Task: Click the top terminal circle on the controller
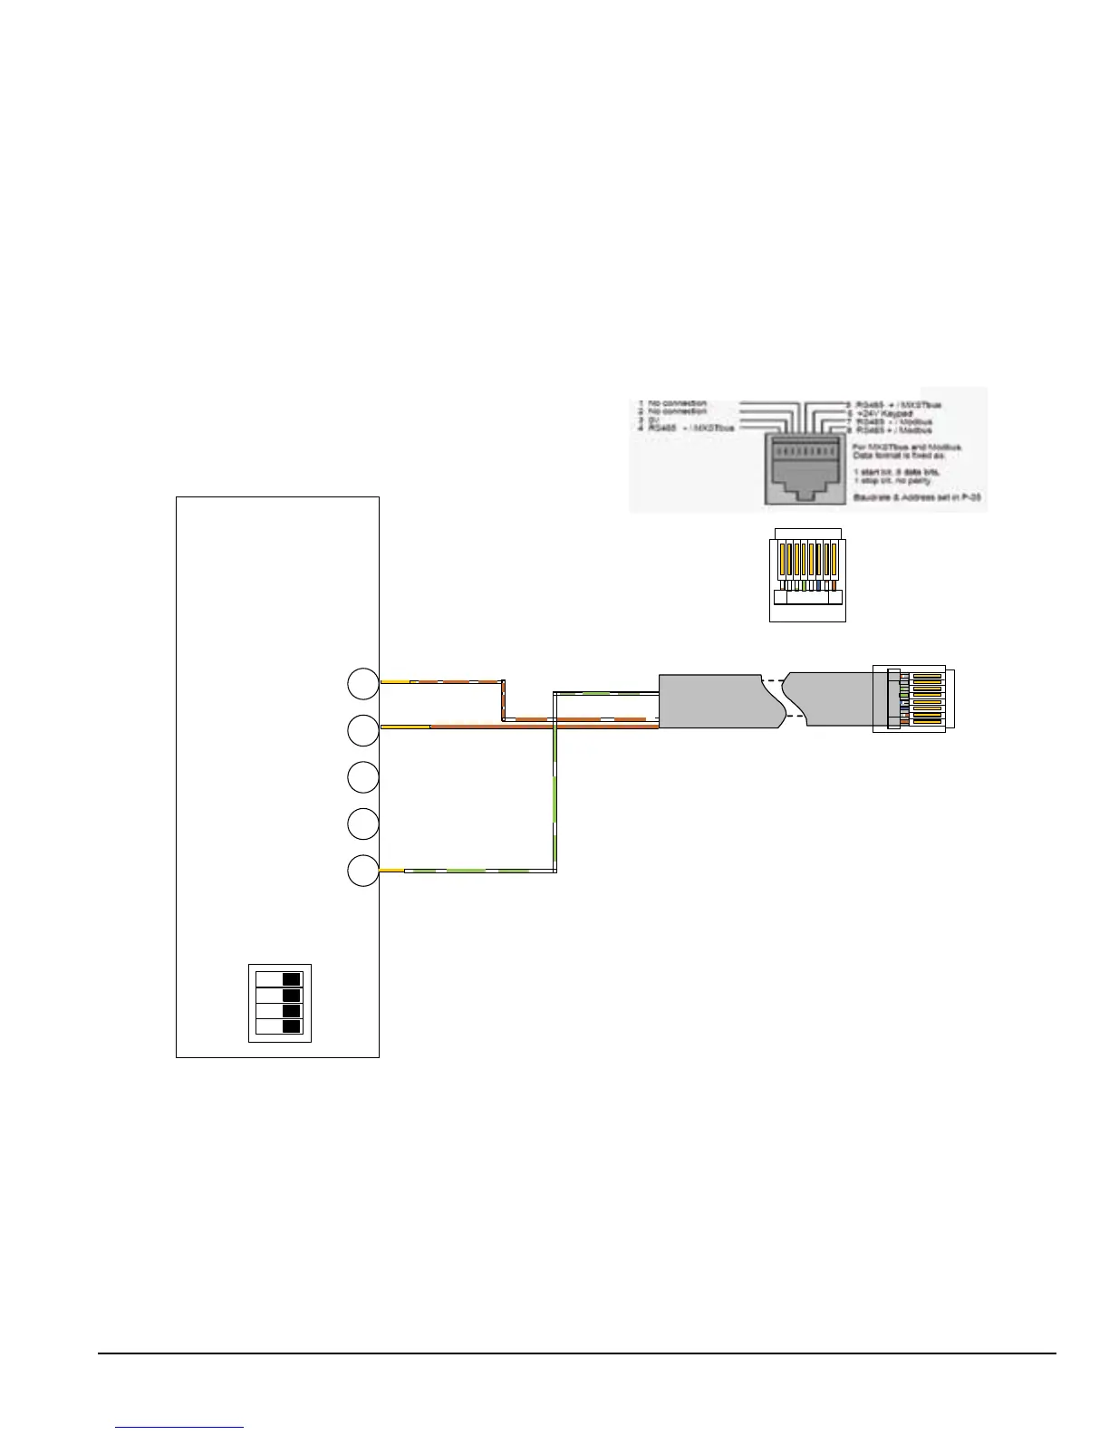(362, 684)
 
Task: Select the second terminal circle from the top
(362, 730)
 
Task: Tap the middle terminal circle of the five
(362, 778)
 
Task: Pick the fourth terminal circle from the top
(362, 823)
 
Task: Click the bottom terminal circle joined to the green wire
(362, 871)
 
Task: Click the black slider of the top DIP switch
(291, 979)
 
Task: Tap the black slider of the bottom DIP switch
(291, 1026)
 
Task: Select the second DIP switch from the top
(279, 996)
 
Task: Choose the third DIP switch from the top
(279, 1011)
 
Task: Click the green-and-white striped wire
(554, 797)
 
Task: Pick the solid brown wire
(544, 727)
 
